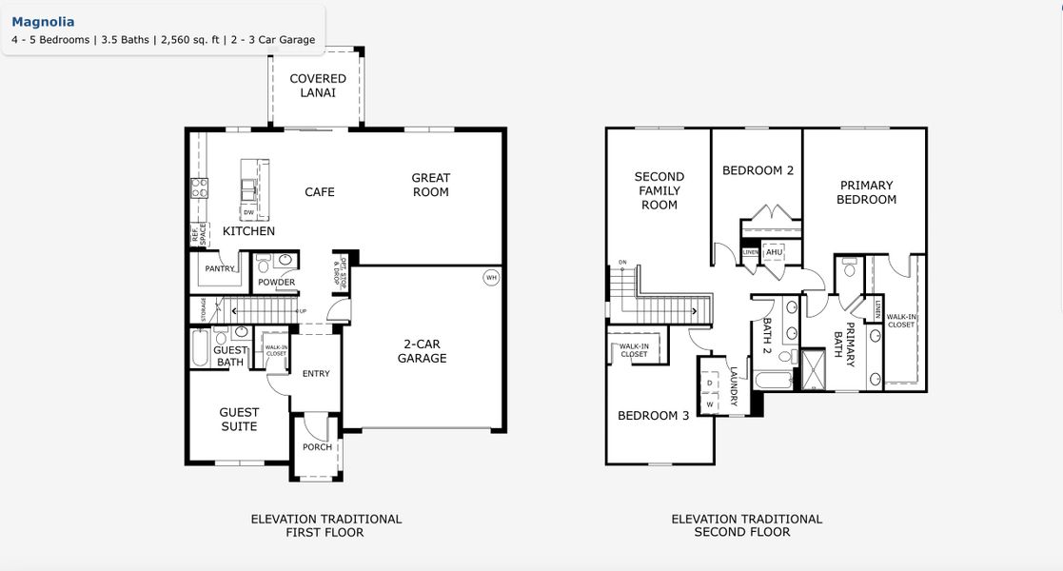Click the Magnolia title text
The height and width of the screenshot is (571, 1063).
click(43, 22)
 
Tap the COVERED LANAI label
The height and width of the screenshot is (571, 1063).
click(318, 86)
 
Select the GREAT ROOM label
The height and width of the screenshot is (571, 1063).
click(430, 185)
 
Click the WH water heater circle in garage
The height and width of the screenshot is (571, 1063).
click(491, 278)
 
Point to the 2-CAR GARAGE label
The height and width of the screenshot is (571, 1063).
click(422, 351)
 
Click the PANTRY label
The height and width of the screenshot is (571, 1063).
click(220, 269)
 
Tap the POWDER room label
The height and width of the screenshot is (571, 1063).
click(277, 283)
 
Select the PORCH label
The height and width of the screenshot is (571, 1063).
click(317, 447)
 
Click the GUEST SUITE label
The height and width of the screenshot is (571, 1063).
click(239, 420)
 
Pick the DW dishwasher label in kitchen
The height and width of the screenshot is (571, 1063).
click(248, 212)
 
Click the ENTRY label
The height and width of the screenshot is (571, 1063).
click(316, 374)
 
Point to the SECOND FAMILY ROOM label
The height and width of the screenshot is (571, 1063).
click(659, 190)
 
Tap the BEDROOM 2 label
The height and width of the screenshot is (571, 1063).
click(758, 170)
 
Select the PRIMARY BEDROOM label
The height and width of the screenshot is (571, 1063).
click(866, 192)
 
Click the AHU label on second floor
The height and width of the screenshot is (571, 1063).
click(774, 252)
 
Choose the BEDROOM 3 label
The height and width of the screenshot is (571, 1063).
click(654, 416)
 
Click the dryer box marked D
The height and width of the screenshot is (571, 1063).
click(710, 383)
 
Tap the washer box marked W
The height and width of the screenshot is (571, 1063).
click(710, 404)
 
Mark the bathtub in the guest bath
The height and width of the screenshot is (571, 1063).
click(200, 348)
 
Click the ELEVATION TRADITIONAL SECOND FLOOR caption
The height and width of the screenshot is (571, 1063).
click(746, 525)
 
